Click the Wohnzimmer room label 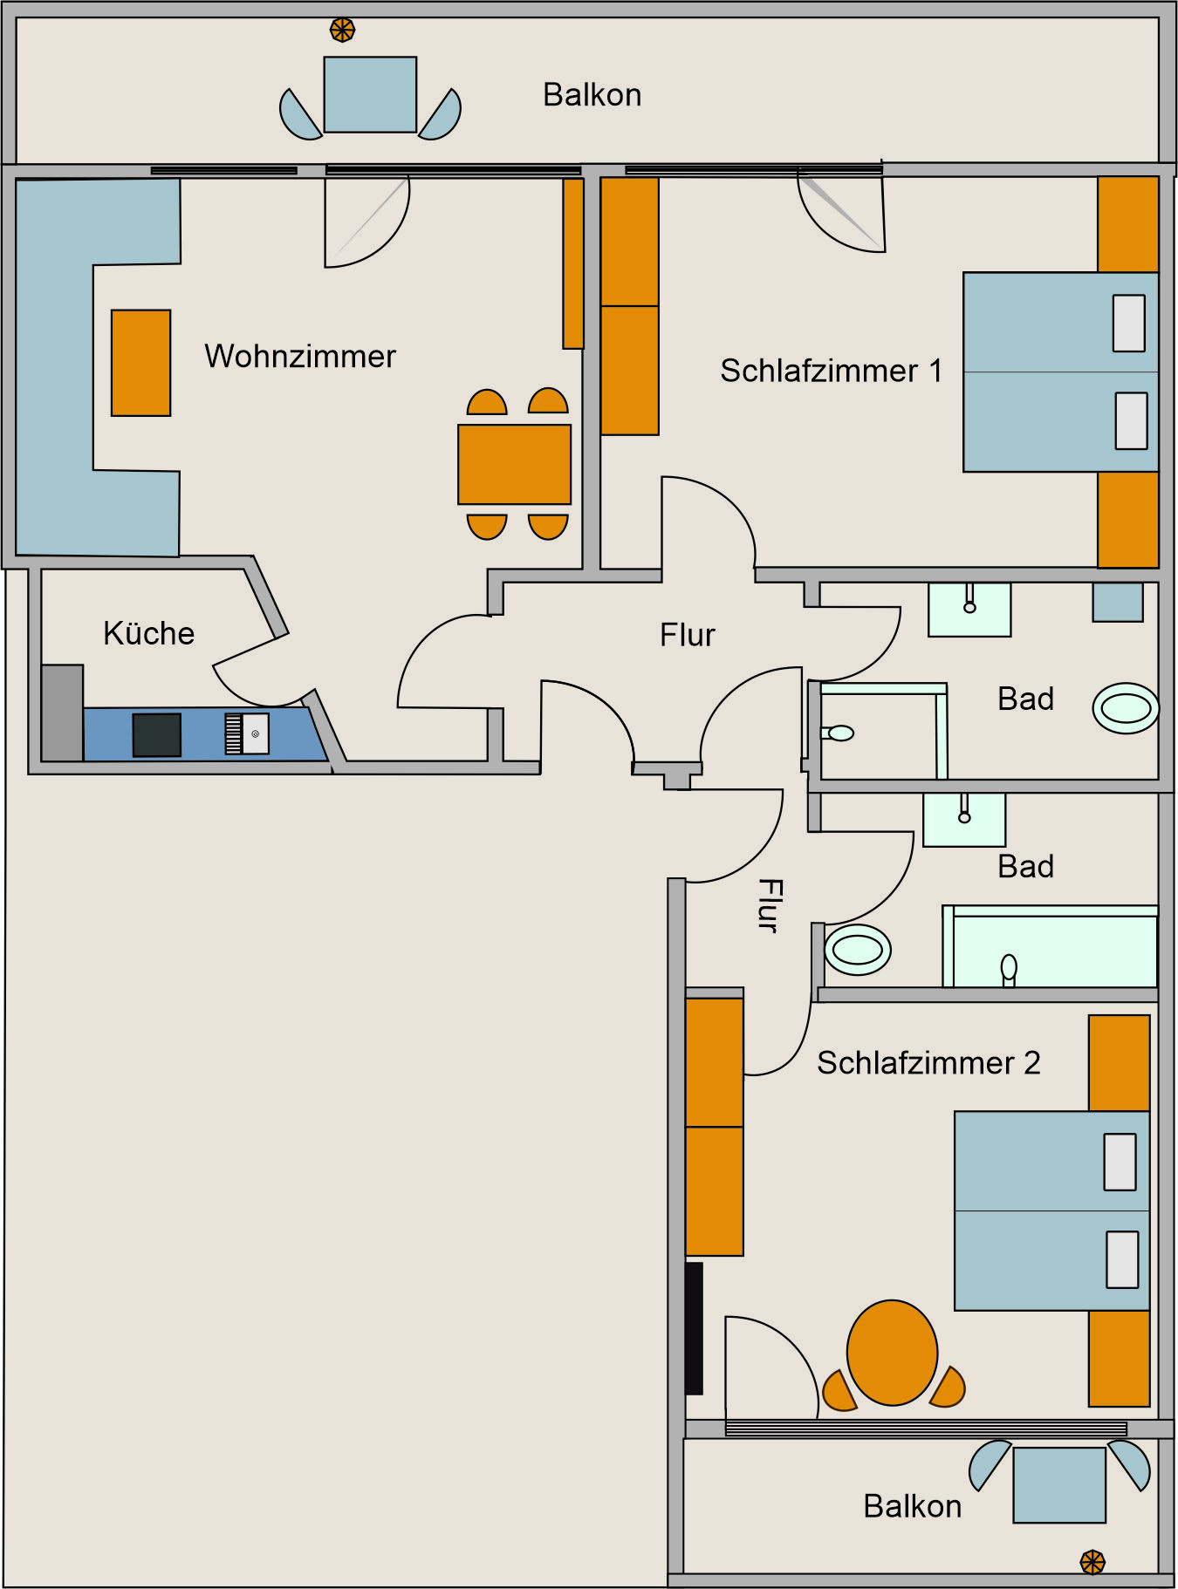tap(300, 357)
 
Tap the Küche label tap(148, 633)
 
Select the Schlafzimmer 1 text tap(832, 371)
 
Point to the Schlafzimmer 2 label tap(928, 1063)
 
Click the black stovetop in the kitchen tap(157, 734)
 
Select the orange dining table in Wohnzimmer tap(515, 464)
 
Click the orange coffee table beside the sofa tap(140, 363)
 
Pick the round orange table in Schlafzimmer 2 tap(892, 1353)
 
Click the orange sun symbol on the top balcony tap(342, 31)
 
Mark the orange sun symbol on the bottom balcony tap(1092, 1562)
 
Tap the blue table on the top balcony tap(370, 95)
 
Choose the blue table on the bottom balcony tap(1059, 1485)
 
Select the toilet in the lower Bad tap(858, 950)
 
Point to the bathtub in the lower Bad tap(1051, 947)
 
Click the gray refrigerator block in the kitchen tap(63, 713)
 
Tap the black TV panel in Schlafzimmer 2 tap(694, 1328)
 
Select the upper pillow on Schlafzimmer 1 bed tap(1129, 324)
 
